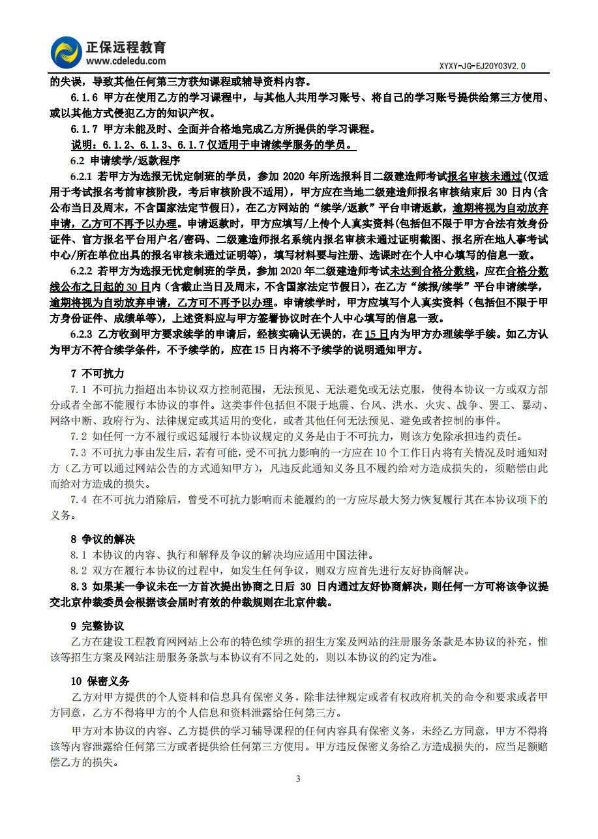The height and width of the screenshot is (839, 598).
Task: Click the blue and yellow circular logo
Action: pyautogui.click(x=67, y=53)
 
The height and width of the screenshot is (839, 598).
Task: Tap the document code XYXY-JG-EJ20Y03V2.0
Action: pyautogui.click(x=482, y=66)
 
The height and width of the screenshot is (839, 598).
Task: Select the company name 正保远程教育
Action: pyautogui.click(x=126, y=47)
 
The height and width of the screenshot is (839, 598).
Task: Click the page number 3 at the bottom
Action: pyautogui.click(x=298, y=778)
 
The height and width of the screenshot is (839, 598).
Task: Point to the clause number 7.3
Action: pyautogui.click(x=78, y=452)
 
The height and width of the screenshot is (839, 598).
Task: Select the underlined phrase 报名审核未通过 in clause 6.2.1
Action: pyautogui.click(x=485, y=176)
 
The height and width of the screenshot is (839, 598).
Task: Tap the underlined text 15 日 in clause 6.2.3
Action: pyautogui.click(x=376, y=334)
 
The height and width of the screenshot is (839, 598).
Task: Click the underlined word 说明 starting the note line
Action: pyautogui.click(x=82, y=144)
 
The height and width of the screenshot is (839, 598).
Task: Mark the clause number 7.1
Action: pyautogui.click(x=78, y=389)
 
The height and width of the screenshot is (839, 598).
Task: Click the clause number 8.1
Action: pyautogui.click(x=78, y=555)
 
